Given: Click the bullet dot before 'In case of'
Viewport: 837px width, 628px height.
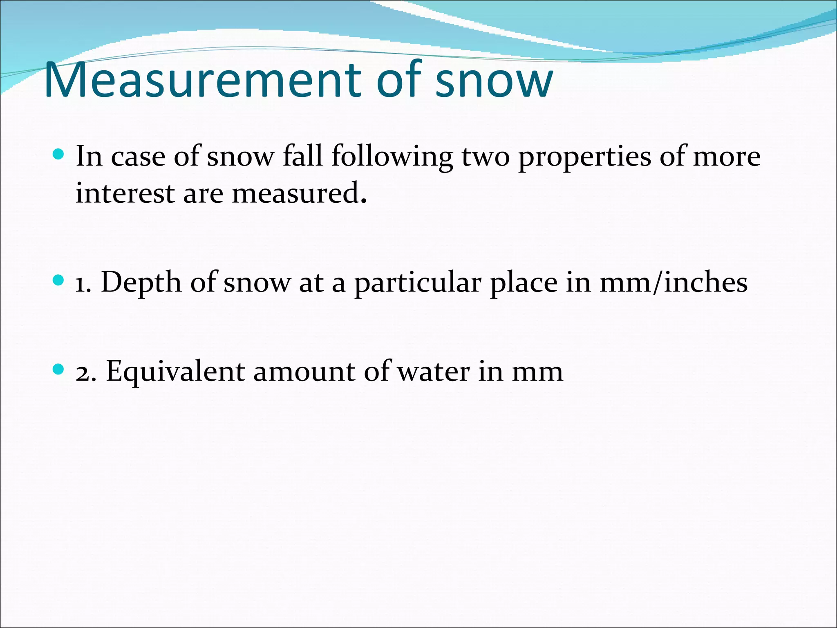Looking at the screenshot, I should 59,154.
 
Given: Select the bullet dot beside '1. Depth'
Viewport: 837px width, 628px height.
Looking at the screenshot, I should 59,280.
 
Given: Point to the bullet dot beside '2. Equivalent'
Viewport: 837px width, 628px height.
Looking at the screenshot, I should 59,370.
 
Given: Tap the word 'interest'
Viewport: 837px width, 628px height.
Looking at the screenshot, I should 125,193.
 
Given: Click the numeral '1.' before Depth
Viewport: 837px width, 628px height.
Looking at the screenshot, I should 83,283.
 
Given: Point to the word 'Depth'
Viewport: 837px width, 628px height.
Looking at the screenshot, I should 141,283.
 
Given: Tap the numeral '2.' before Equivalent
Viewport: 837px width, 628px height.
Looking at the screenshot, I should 86,372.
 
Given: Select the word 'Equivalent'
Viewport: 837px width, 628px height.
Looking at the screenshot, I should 175,372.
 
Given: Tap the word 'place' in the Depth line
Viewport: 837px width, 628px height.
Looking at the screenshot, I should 524,283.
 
